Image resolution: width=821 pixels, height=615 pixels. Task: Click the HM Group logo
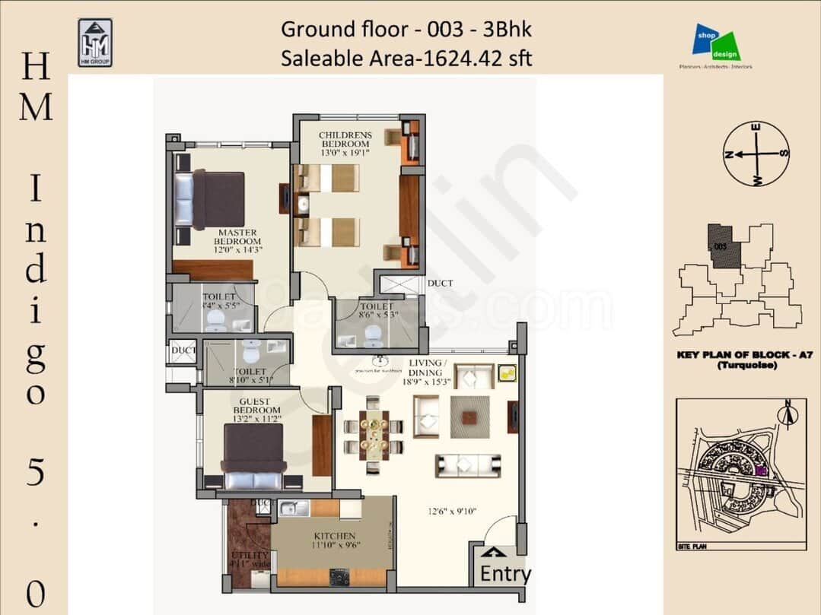pos(95,42)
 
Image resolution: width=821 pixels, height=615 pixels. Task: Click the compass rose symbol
pos(756,154)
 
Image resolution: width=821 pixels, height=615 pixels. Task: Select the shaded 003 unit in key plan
pos(724,246)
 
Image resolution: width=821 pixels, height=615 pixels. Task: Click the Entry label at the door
pos(505,574)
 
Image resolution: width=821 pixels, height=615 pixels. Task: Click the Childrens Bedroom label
pos(345,140)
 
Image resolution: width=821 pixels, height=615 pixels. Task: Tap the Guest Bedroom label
pos(256,406)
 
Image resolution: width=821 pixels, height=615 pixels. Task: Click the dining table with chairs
pos(374,436)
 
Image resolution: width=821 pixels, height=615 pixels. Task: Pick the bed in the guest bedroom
pos(252,457)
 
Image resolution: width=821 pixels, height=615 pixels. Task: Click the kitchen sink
pos(294,509)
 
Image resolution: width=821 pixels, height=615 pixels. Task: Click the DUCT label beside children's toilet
pos(440,284)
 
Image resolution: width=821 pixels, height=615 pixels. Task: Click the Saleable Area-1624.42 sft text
pos(406,58)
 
